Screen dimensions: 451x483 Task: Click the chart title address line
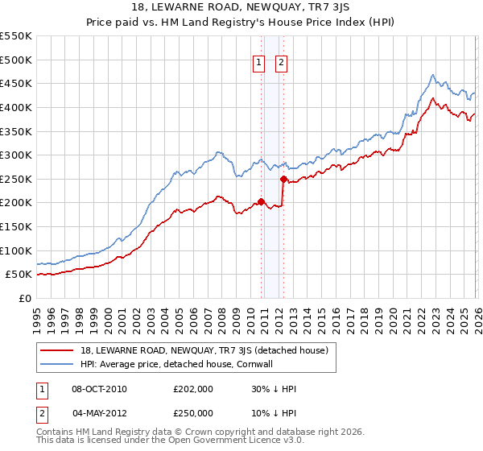[242, 7]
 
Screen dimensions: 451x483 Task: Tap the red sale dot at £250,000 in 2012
[283, 180]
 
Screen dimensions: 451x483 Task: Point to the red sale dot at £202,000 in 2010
[262, 202]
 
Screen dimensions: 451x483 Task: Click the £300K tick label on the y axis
[16, 155]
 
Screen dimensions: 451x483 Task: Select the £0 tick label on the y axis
[24, 298]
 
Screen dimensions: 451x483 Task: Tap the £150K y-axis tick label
[16, 226]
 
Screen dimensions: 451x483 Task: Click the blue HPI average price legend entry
[177, 364]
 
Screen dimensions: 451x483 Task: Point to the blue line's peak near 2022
[432, 75]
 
